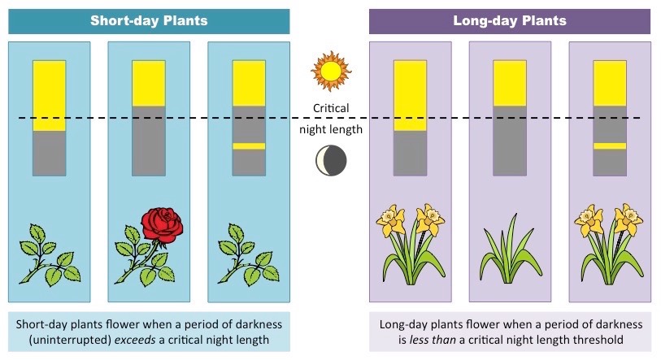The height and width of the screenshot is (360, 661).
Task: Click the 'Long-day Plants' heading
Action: tap(509, 20)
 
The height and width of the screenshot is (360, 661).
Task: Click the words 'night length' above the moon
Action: tap(331, 129)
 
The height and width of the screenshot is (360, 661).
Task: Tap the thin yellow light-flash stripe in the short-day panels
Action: tap(249, 146)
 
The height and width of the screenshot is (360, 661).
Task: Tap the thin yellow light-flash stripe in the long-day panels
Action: tap(609, 146)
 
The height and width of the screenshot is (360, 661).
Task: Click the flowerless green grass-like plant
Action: tap(509, 245)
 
